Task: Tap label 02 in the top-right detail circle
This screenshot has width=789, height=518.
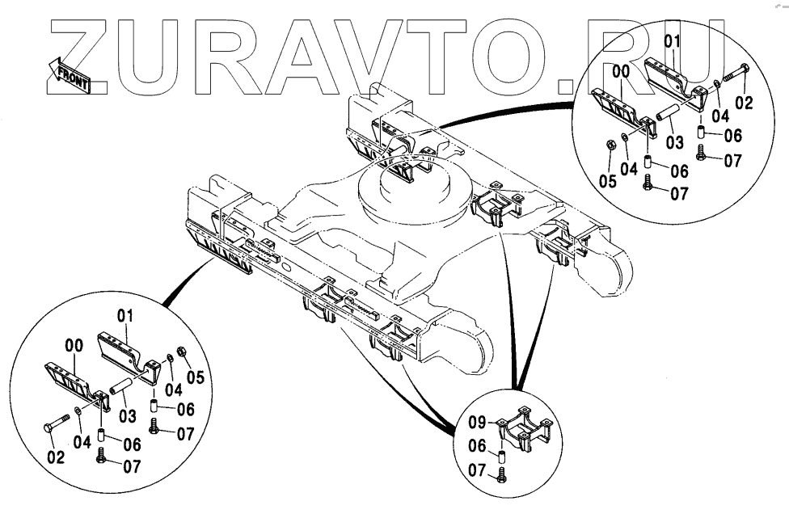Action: click(x=743, y=103)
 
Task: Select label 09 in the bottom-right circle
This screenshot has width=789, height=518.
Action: click(x=476, y=422)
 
